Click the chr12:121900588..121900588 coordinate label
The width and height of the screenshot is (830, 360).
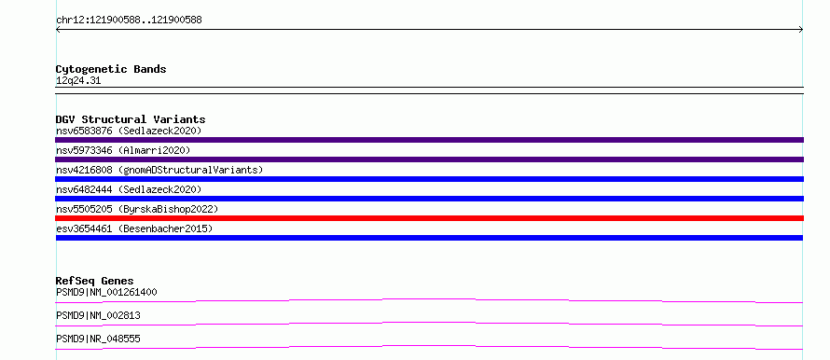pyautogui.click(x=129, y=21)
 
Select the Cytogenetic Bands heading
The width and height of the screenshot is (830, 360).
pyautogui.click(x=111, y=69)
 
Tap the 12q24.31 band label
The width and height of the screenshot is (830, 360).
pyautogui.click(x=78, y=81)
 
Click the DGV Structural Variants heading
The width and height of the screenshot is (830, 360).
pyautogui.click(x=131, y=119)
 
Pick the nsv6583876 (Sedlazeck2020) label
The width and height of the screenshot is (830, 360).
pyautogui.click(x=129, y=131)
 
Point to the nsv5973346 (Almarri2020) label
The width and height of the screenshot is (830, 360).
pyautogui.click(x=123, y=150)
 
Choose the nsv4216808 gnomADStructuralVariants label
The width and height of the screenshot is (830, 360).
pyautogui.click(x=159, y=170)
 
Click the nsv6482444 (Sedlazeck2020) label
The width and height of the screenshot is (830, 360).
pyautogui.click(x=129, y=189)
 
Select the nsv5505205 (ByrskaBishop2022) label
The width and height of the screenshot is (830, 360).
pyautogui.click(x=137, y=209)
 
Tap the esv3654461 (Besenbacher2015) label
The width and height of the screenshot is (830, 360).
pyautogui.click(x=134, y=228)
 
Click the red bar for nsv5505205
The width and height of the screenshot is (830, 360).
pyautogui.click(x=429, y=218)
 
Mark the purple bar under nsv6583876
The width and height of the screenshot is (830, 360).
pyautogui.click(x=429, y=140)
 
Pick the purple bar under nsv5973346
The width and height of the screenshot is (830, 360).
pyautogui.click(x=429, y=159)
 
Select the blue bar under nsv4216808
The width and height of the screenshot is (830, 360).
pyautogui.click(x=429, y=179)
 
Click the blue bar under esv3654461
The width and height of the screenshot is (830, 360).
pyautogui.click(x=429, y=238)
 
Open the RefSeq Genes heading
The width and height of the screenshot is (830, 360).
pyautogui.click(x=95, y=281)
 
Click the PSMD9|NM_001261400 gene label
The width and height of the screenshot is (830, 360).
pyautogui.click(x=106, y=292)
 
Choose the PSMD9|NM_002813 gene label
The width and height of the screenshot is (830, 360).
pyautogui.click(x=98, y=315)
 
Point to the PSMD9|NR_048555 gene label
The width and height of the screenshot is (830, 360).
pyautogui.click(x=98, y=339)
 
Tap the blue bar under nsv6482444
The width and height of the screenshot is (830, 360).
pyautogui.click(x=429, y=199)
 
